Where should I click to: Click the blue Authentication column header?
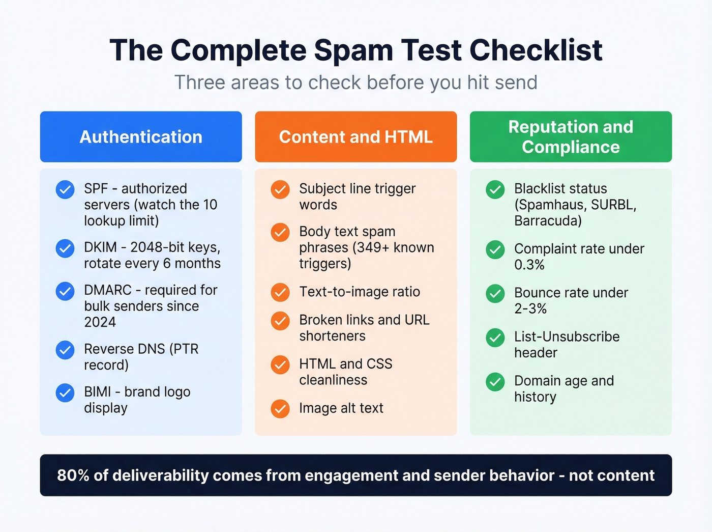click(x=141, y=137)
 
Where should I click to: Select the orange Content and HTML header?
click(x=355, y=137)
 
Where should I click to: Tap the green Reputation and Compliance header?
click(x=571, y=137)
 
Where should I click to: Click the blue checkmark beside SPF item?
click(x=65, y=189)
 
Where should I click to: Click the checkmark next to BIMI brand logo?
click(x=65, y=393)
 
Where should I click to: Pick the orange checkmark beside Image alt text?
click(x=280, y=408)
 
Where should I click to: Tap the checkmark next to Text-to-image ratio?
click(x=280, y=292)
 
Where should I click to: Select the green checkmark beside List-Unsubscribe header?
click(x=495, y=337)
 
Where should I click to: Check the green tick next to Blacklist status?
click(x=495, y=189)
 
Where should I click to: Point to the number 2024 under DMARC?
click(x=100, y=322)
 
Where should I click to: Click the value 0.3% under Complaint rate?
click(x=529, y=265)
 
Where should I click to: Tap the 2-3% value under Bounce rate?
click(x=530, y=309)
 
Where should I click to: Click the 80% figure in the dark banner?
click(x=73, y=475)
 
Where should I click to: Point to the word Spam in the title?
click(x=353, y=50)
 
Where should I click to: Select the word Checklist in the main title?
click(x=536, y=50)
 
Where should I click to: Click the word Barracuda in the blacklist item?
click(x=548, y=221)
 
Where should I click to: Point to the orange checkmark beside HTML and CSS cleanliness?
click(x=280, y=365)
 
